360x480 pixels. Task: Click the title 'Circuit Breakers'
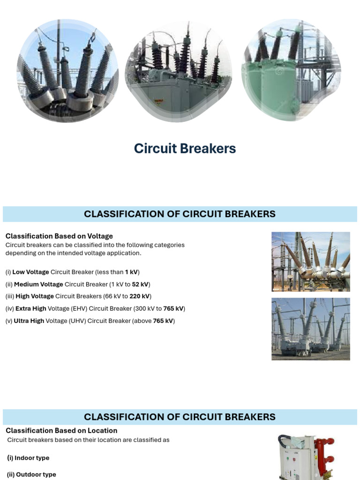point(185,149)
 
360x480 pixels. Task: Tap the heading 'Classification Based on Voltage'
point(59,236)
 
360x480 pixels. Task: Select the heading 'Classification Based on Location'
point(61,430)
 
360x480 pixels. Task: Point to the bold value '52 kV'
point(140,284)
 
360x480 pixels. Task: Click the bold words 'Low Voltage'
point(30,272)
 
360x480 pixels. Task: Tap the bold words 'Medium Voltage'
point(38,284)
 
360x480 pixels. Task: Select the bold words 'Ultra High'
point(29,321)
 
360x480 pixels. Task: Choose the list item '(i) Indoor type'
point(28,458)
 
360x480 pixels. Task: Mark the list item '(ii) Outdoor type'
point(31,474)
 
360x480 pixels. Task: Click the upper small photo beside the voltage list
point(310,262)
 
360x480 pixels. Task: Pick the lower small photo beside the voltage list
point(310,329)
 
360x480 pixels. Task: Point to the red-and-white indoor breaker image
point(307,457)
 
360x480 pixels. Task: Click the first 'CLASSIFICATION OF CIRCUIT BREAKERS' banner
point(180,214)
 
